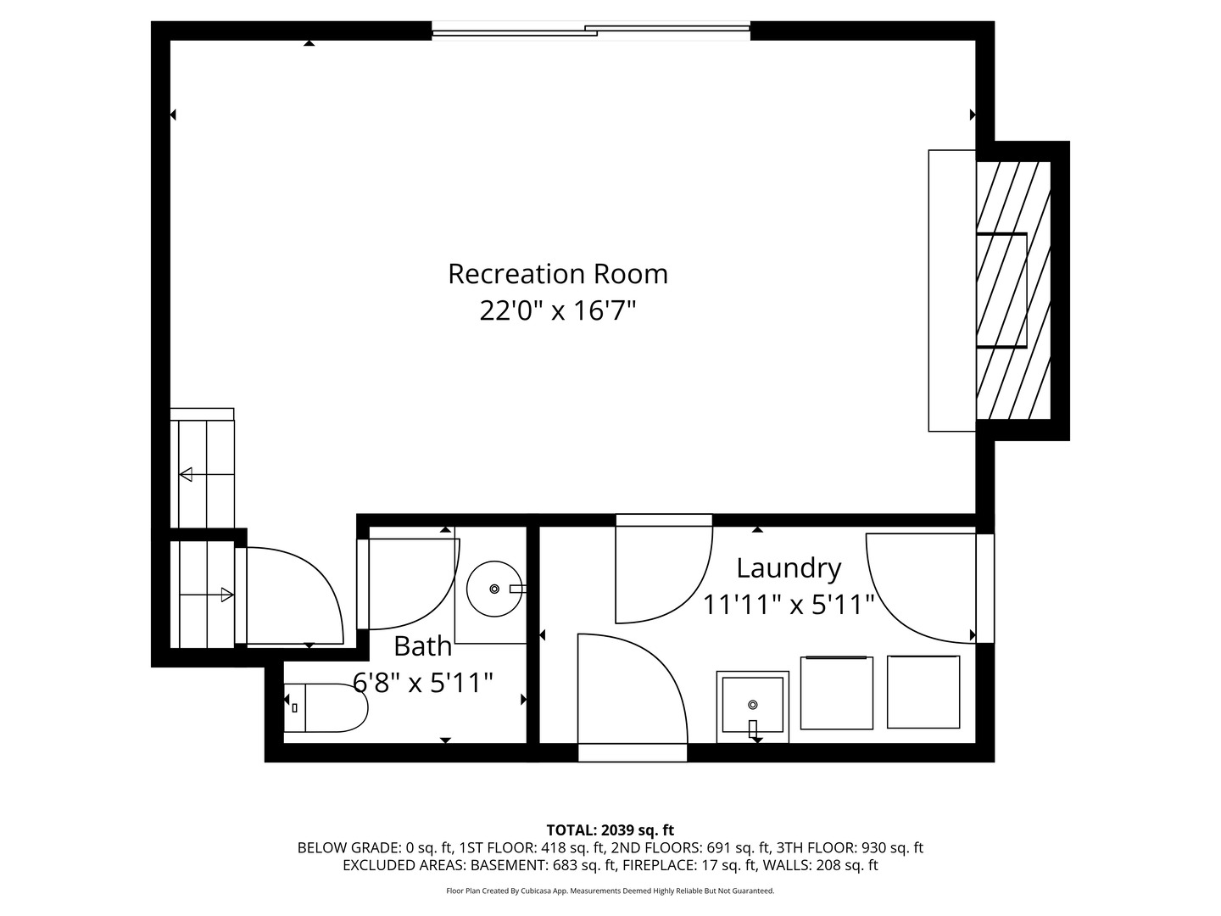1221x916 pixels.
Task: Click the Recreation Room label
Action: (557, 274)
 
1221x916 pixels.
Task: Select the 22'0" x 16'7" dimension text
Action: (557, 311)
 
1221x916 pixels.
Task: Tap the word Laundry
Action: (788, 567)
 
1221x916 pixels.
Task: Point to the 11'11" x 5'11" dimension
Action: (788, 605)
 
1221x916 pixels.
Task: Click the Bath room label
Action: (422, 646)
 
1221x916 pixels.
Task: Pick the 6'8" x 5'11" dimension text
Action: (422, 682)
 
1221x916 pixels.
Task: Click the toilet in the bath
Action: (326, 707)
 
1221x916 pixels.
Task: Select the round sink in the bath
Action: (495, 588)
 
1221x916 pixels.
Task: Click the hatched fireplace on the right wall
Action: (1013, 290)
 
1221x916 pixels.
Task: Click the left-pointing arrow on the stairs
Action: (186, 474)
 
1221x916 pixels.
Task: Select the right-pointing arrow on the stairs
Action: (226, 595)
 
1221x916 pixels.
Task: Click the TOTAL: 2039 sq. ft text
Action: (610, 830)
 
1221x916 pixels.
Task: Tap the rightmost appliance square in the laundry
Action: (923, 691)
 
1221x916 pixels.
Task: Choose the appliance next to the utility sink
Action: (836, 692)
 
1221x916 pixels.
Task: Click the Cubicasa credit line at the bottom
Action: (610, 891)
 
